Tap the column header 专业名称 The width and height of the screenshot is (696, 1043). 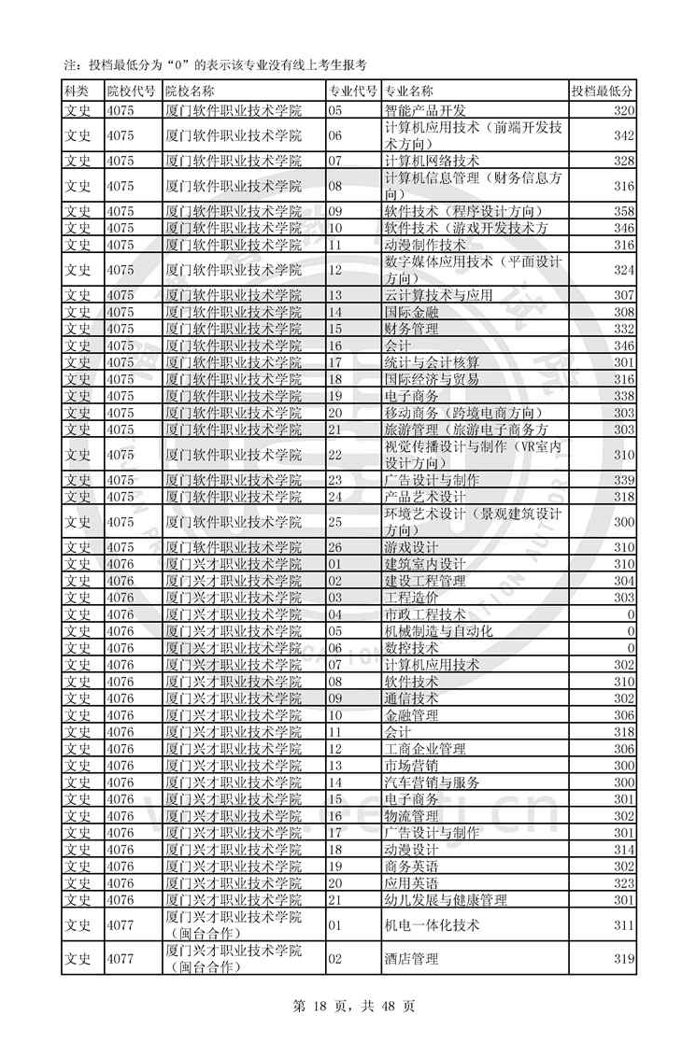409,91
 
